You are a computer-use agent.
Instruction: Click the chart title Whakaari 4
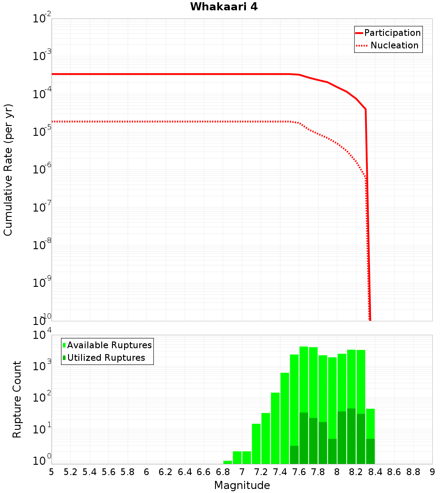(224, 7)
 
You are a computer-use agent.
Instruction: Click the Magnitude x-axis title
(242, 485)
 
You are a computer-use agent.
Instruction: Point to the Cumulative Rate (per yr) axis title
(8, 170)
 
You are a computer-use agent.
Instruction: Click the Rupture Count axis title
(17, 399)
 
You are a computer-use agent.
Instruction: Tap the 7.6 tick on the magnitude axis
(299, 472)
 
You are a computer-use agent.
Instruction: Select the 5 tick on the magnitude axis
(52, 472)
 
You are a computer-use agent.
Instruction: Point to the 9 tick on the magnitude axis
(432, 472)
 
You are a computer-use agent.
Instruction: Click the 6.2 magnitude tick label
(166, 472)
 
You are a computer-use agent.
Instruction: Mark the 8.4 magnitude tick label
(375, 472)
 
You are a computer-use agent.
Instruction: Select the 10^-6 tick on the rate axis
(42, 169)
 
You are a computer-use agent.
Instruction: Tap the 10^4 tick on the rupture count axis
(42, 335)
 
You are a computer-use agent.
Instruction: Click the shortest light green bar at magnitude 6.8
(228, 462)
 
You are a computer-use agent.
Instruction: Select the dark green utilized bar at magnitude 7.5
(294, 455)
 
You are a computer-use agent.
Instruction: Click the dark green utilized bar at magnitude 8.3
(361, 439)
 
